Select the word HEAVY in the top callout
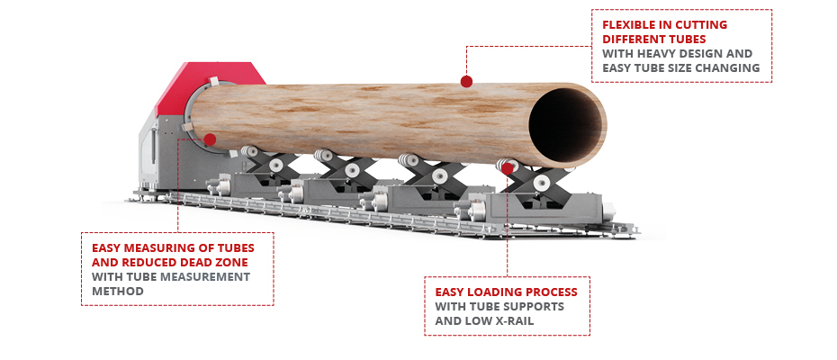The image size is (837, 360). coord(655,53)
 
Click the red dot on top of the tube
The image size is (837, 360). coord(466,81)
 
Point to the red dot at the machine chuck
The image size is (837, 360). coord(210,139)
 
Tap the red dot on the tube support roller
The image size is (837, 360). coord(507,169)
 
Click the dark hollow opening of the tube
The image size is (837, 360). coord(566,125)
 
